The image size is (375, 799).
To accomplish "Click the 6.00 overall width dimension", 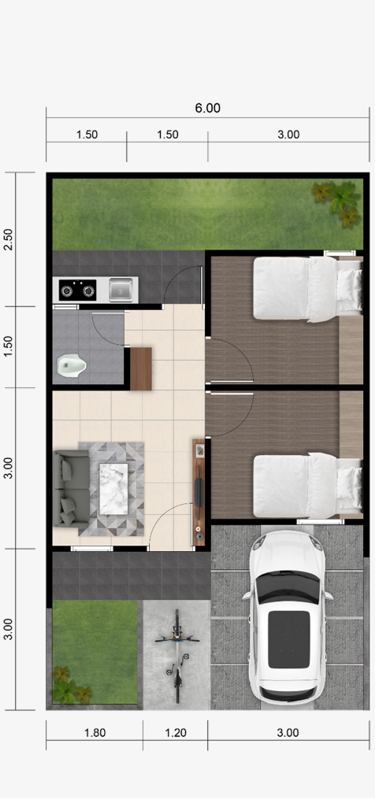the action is click(x=208, y=108).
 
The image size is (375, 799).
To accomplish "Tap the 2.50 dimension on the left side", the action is click(x=9, y=239).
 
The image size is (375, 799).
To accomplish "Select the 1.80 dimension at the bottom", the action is click(x=95, y=733).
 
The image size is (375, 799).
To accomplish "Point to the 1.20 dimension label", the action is click(x=176, y=733).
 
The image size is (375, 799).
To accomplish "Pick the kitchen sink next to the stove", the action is click(x=121, y=290).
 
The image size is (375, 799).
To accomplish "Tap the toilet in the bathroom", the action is click(x=71, y=364).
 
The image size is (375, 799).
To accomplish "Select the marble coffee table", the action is click(x=113, y=489).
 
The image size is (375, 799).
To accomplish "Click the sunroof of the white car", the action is click(x=289, y=639).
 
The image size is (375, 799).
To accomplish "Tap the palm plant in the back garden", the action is click(x=337, y=203).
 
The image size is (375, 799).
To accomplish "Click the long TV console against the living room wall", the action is click(x=199, y=492).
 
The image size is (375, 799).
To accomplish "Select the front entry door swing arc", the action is click(x=158, y=516).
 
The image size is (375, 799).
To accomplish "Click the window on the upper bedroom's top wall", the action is click(x=340, y=253).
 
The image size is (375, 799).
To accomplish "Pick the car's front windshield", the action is click(x=288, y=586).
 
